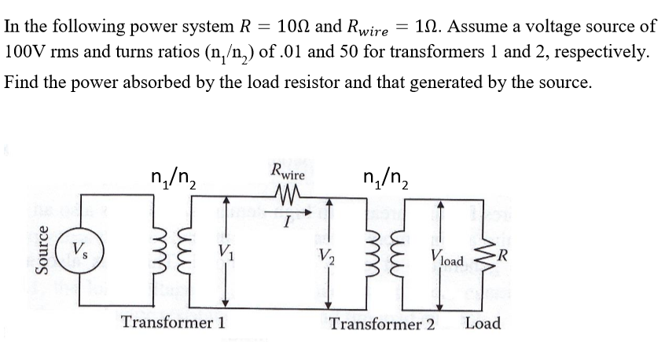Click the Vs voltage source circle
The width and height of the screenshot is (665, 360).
point(79,252)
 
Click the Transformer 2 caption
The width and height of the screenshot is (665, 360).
point(382,324)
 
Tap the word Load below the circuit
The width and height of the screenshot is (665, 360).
point(482,323)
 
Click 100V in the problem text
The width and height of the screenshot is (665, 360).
point(26,53)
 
